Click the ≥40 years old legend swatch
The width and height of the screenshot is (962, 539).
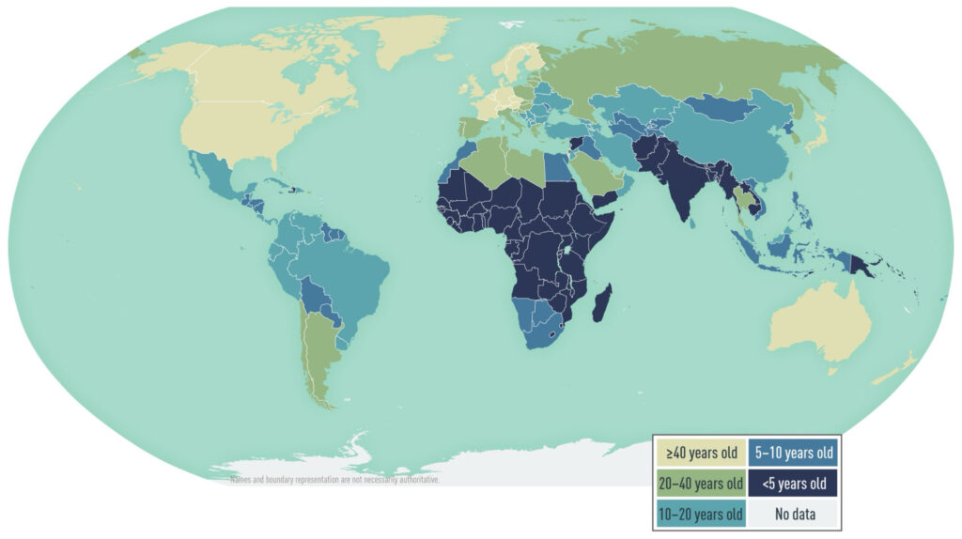pos(701,453)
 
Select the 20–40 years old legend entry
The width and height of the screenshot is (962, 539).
pos(701,484)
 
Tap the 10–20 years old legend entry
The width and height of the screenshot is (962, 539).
pos(701,514)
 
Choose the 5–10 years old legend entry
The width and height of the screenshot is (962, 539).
pos(794,453)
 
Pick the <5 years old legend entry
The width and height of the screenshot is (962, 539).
pos(794,484)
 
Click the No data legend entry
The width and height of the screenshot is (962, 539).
pos(794,514)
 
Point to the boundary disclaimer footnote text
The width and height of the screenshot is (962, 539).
pos(334,480)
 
